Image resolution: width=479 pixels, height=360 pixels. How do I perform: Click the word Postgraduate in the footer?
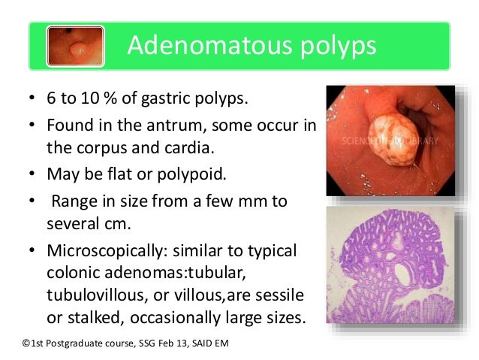tap(78, 343)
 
